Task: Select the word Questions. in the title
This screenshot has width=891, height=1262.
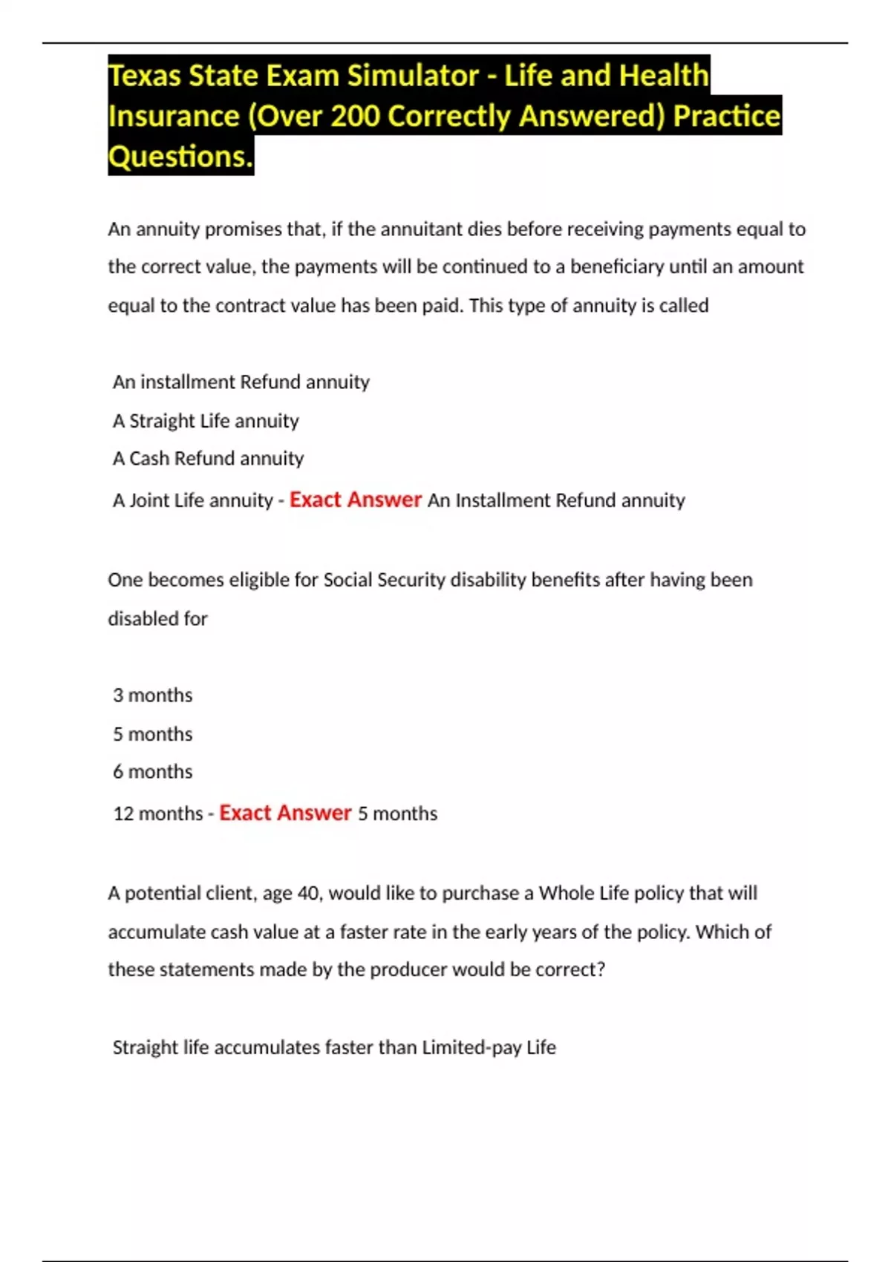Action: tap(180, 157)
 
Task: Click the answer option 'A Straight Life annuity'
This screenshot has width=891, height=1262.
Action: tap(206, 421)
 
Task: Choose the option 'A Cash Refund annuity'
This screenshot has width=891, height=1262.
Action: tap(208, 459)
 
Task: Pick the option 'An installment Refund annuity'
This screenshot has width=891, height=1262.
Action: tap(241, 382)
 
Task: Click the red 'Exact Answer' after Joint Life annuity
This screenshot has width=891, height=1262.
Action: tap(355, 500)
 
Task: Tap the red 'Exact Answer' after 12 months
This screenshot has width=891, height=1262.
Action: tap(285, 813)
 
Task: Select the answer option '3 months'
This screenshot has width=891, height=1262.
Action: tap(152, 696)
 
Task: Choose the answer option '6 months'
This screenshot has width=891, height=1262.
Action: tap(152, 772)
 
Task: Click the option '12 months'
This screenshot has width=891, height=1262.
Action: tap(157, 814)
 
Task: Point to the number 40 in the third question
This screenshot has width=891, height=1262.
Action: tap(308, 893)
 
